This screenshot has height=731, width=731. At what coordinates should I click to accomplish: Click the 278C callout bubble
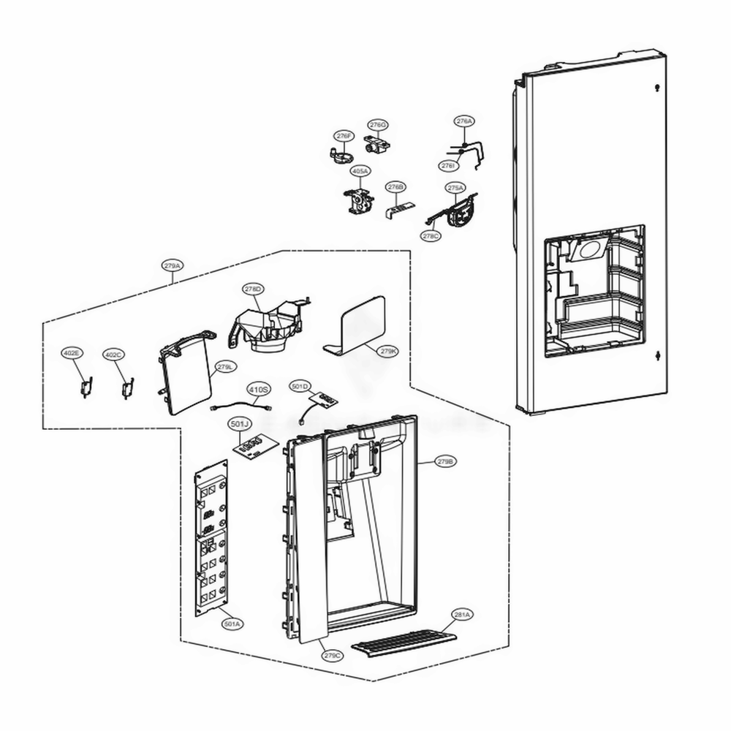431,236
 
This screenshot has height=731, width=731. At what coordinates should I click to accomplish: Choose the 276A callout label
464,121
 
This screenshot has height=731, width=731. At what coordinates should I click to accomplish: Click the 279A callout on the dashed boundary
173,266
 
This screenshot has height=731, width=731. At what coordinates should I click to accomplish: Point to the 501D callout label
300,385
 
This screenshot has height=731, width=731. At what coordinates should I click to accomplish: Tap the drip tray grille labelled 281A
401,643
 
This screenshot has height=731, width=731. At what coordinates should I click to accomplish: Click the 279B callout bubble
446,462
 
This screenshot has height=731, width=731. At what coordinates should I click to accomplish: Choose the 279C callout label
333,655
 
